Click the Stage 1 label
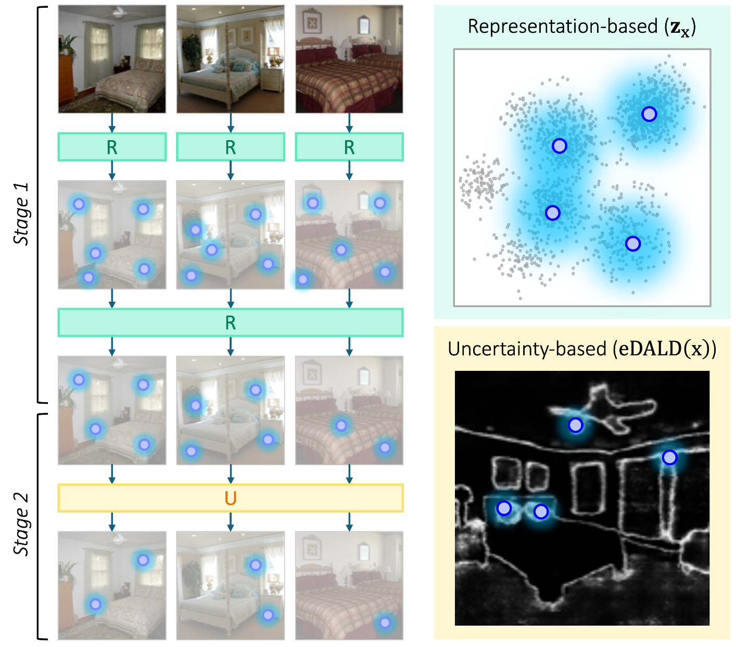(21, 214)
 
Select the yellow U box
(231, 499)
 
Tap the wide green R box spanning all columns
(231, 323)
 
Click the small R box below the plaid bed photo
(349, 147)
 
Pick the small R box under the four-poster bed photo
(231, 147)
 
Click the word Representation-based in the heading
(563, 27)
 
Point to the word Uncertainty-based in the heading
(527, 349)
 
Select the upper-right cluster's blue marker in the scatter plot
(649, 114)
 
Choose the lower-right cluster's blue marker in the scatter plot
(632, 243)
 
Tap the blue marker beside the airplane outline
(575, 425)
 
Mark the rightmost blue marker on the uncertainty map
(669, 457)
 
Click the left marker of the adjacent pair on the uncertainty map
(504, 508)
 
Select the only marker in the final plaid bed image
(385, 623)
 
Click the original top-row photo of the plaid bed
(349, 59)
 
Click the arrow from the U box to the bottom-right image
(349, 521)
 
